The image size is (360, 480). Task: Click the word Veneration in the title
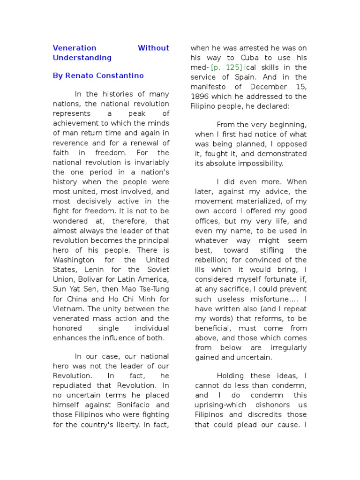tap(75, 48)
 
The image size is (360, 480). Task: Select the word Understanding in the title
tap(82, 58)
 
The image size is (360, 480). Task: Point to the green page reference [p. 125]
tap(226, 67)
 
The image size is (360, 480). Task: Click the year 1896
tap(200, 97)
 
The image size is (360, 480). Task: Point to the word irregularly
tap(288, 348)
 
